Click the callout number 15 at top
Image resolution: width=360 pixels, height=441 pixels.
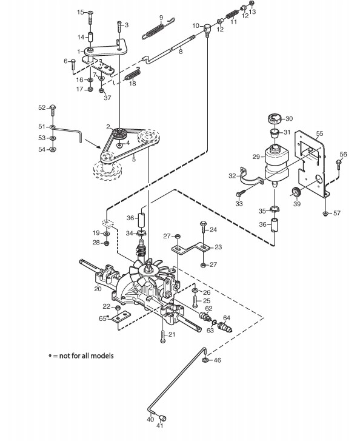point(81,12)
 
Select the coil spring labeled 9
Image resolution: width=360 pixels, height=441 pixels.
point(158,29)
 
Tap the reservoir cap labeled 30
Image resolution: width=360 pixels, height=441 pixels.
point(275,118)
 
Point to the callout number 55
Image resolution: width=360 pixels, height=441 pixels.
point(319,133)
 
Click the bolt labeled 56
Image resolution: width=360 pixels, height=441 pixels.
point(339,169)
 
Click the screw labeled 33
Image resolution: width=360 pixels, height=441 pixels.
point(241,193)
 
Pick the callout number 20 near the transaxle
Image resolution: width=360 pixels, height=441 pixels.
point(98,289)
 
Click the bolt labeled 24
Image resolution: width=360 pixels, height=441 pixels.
point(203,230)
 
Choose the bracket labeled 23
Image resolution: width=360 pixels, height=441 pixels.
point(190,248)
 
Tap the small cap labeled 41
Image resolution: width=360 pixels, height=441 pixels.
point(162,418)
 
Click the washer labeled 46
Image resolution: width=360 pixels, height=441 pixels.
point(205,360)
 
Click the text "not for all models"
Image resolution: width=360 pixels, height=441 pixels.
point(87,356)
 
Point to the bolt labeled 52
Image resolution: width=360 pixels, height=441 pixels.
point(53,110)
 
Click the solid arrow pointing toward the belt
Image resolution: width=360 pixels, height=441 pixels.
point(93,143)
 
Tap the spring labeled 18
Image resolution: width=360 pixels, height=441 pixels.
point(132,75)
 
